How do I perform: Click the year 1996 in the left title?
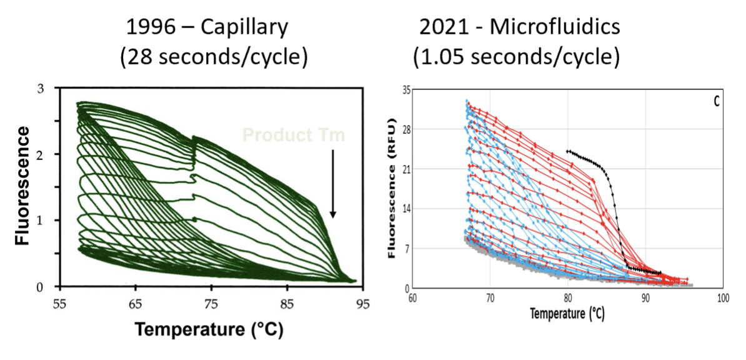[147, 27]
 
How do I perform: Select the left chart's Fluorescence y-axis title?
[23, 186]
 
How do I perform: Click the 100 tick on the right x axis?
[722, 297]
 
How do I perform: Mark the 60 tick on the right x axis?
[413, 297]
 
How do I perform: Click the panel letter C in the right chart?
[717, 101]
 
